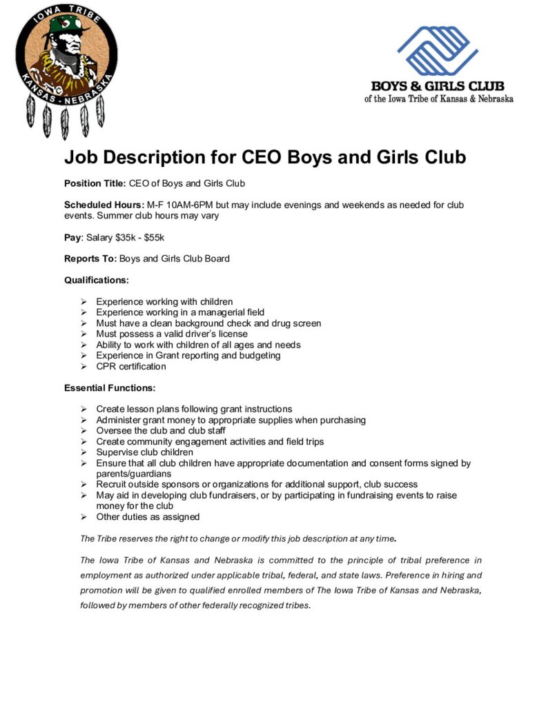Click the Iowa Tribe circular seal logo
[x=66, y=56]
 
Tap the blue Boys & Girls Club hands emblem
[x=438, y=51]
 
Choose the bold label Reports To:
[x=90, y=259]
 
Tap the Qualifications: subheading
[x=97, y=280]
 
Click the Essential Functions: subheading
[x=110, y=387]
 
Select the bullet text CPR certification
[x=131, y=366]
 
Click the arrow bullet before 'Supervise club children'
[x=84, y=452]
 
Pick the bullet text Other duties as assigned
[x=148, y=516]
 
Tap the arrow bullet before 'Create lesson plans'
[x=84, y=410]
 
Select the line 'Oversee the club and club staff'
[x=160, y=431]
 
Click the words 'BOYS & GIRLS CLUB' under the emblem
[x=438, y=86]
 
